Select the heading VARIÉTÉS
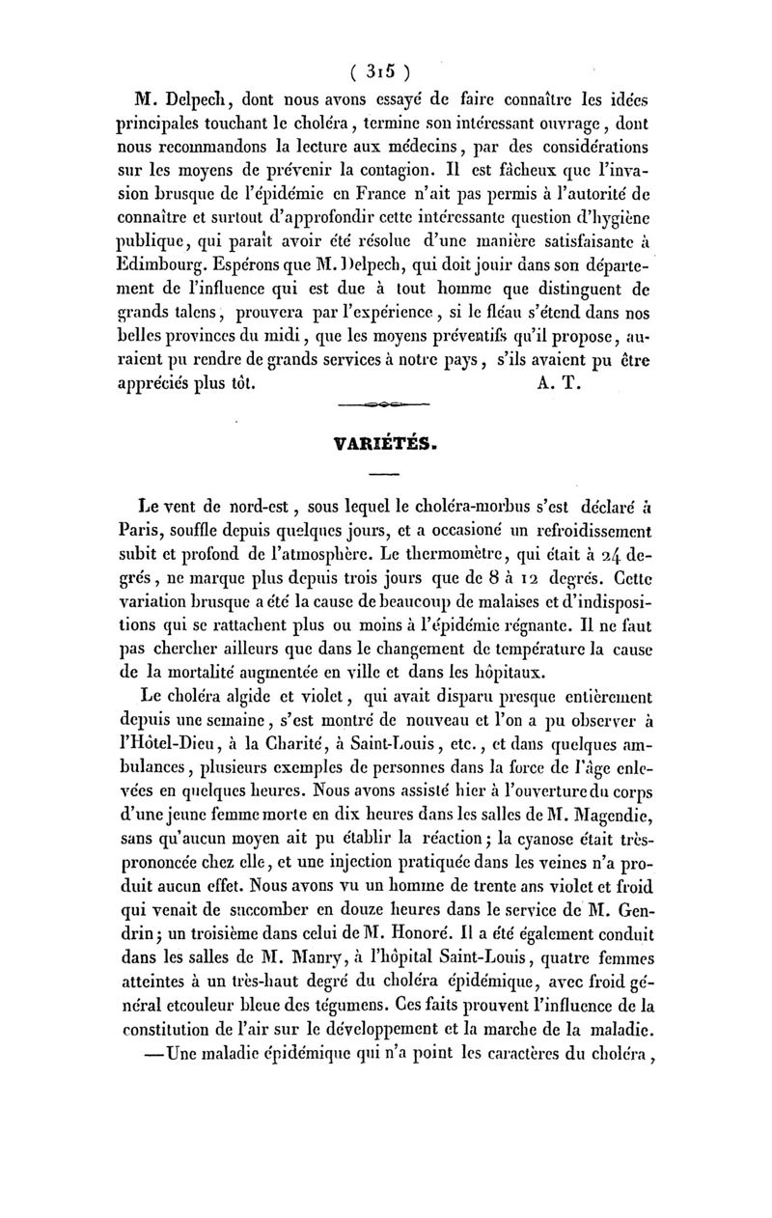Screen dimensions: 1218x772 click(385, 445)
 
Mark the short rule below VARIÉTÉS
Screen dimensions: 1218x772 click(384, 475)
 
